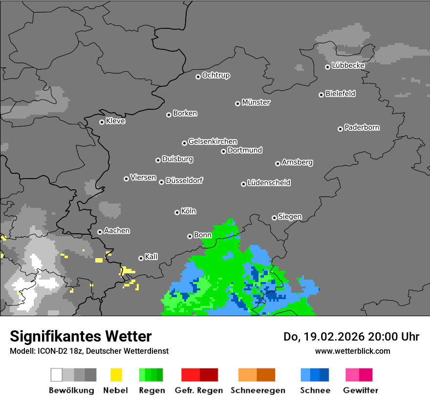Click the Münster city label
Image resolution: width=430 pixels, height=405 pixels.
(256, 102)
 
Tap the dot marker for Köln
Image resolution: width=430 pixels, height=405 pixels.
(177, 212)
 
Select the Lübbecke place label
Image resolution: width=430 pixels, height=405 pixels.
(348, 65)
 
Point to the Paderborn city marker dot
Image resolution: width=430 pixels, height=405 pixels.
(340, 129)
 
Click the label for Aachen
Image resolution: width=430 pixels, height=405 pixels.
(117, 230)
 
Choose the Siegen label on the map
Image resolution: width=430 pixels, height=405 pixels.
(290, 216)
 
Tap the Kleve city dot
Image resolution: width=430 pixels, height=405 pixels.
(102, 122)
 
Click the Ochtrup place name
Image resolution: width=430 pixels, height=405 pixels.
(215, 75)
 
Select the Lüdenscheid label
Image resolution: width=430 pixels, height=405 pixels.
(269, 182)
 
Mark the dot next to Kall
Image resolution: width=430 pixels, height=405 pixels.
(141, 258)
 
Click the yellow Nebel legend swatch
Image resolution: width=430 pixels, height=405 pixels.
(116, 375)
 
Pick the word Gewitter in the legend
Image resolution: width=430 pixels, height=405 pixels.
(360, 390)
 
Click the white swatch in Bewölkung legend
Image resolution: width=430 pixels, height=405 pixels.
(57, 375)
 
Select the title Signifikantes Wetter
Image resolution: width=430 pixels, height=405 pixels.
(81, 336)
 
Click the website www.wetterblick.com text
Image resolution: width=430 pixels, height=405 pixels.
(352, 351)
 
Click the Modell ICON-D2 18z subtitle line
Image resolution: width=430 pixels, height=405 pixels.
(89, 351)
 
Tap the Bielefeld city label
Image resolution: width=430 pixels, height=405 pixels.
(340, 93)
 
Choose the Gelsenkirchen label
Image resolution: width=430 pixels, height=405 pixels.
(213, 142)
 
